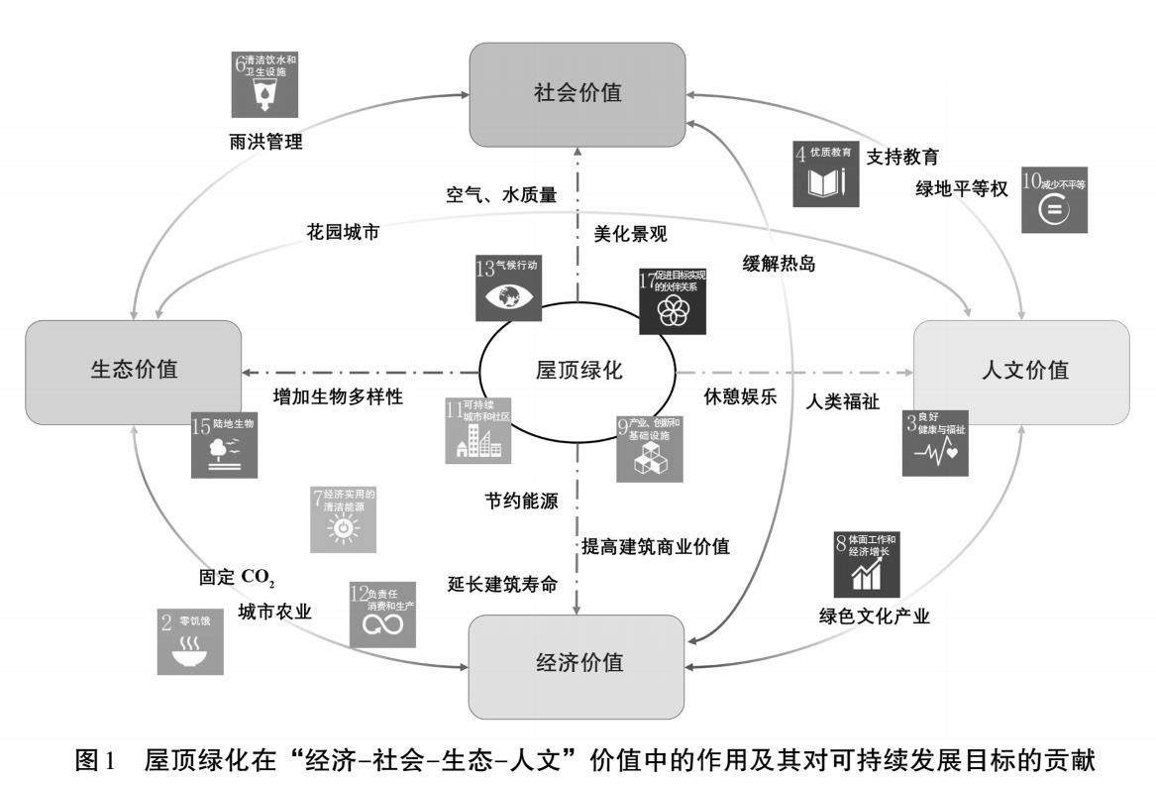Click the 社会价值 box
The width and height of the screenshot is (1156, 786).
[x=578, y=94]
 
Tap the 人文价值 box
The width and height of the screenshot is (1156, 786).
[x=1019, y=371]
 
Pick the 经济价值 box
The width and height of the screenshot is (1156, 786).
[x=578, y=664]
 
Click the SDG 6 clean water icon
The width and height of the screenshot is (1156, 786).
[x=265, y=84]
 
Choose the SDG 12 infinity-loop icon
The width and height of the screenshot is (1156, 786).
[x=382, y=615]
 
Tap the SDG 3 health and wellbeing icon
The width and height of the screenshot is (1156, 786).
[x=935, y=443]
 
